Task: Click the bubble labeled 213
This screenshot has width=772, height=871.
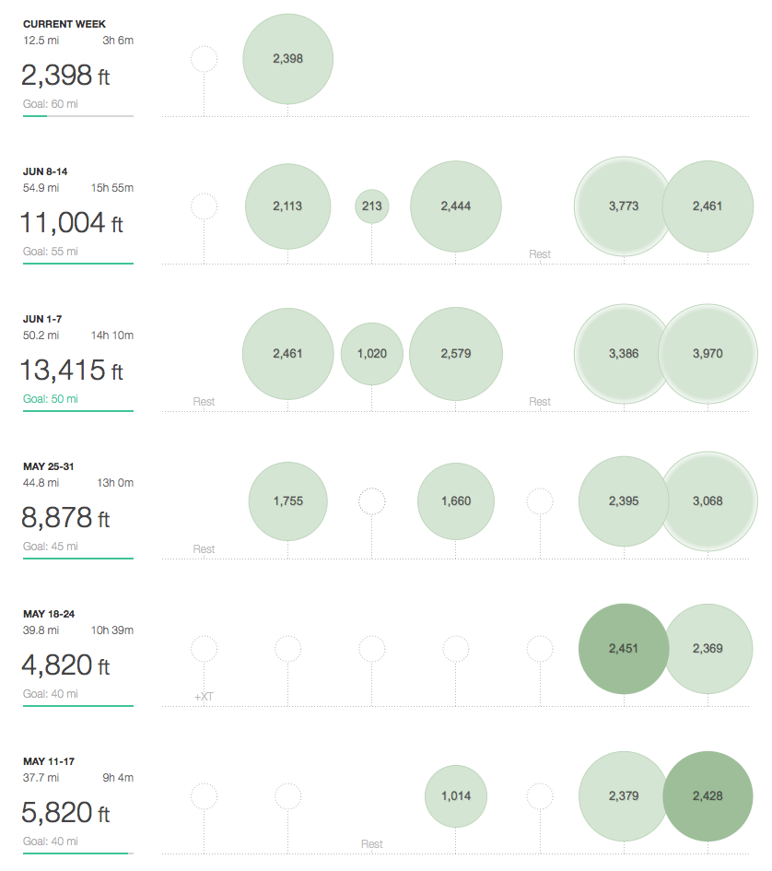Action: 372,206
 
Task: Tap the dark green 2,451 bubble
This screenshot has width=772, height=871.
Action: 624,649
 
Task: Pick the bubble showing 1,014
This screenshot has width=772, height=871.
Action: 456,796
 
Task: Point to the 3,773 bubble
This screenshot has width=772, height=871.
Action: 624,206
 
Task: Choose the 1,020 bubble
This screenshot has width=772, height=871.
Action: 372,354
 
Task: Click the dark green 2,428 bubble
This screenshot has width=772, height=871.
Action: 708,796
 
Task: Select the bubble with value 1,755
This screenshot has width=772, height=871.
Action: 287,501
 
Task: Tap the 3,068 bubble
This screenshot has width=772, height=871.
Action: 708,501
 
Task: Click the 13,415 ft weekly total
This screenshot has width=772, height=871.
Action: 71,371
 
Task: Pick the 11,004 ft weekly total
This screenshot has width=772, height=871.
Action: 71,223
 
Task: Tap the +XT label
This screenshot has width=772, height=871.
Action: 204,697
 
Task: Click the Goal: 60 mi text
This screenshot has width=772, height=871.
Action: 51,104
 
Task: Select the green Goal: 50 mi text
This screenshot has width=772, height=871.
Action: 51,399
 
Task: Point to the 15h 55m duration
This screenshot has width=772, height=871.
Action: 112,188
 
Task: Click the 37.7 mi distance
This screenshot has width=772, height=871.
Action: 41,777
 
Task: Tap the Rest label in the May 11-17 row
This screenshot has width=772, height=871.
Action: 372,844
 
